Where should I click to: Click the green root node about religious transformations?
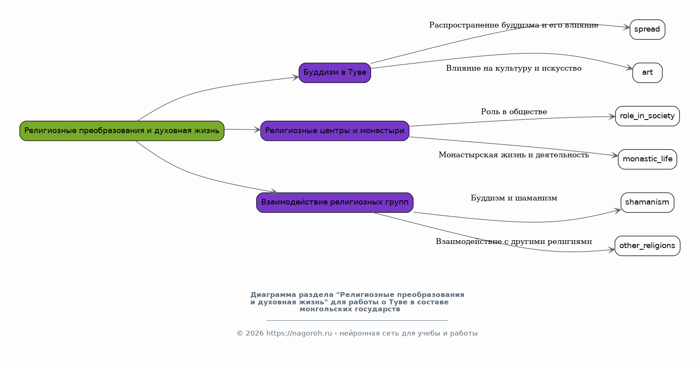[x=122, y=131]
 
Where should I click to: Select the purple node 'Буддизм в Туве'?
[x=335, y=73]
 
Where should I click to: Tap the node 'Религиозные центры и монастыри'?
[x=335, y=131]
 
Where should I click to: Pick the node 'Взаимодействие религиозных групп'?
[x=335, y=202]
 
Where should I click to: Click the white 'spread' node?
[x=647, y=30]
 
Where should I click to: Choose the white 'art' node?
[x=647, y=73]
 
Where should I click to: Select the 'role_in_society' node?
[x=647, y=116]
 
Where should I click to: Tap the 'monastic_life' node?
[x=647, y=159]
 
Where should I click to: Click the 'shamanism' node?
[x=647, y=202]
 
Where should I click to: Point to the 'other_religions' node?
[x=647, y=246]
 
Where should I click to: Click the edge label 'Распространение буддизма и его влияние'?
[x=513, y=25]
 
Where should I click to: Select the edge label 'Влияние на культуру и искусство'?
[x=513, y=69]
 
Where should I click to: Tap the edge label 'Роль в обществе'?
[x=513, y=112]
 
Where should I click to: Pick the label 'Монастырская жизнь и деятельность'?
[x=513, y=155]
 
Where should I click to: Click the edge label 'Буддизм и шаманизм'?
[x=513, y=198]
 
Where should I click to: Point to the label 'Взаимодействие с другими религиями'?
[x=513, y=242]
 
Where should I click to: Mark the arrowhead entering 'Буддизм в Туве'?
[x=296, y=77]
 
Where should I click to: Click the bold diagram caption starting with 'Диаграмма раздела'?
[x=357, y=302]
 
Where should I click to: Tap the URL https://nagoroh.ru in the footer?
[x=299, y=333]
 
